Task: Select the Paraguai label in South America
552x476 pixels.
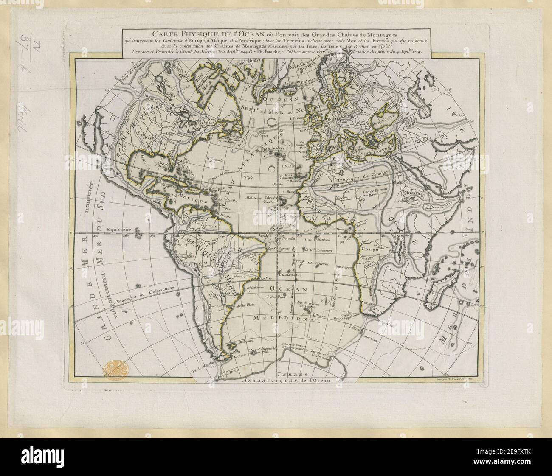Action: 217,294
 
